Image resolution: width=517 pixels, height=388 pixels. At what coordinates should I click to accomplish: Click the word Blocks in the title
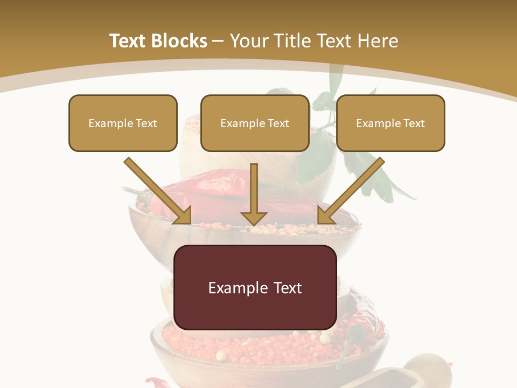[180, 41]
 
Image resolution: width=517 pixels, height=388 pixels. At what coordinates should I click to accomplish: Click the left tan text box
[123, 123]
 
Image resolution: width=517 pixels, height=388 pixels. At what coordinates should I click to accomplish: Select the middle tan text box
[255, 123]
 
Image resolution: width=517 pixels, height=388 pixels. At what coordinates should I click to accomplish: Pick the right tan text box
[390, 123]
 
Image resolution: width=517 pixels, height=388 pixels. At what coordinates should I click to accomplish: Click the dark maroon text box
[255, 287]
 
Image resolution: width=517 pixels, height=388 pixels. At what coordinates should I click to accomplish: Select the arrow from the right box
[353, 189]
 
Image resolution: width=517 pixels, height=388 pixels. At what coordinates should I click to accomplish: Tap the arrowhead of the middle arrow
[254, 218]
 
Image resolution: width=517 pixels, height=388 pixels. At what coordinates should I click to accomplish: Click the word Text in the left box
[146, 123]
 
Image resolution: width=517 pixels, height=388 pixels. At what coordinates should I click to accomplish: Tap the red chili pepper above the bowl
[205, 186]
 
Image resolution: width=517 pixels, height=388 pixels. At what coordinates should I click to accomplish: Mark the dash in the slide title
[219, 41]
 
